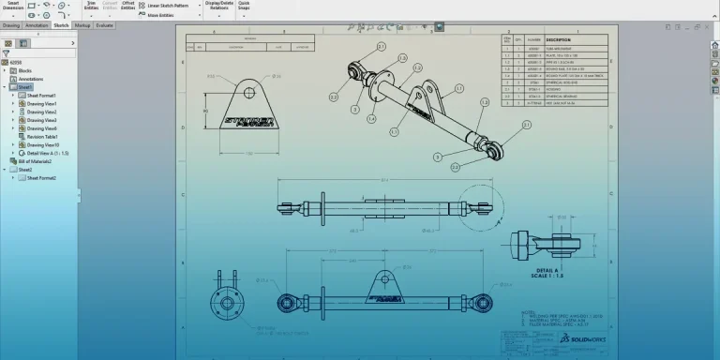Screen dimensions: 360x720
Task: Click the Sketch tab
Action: [61, 25]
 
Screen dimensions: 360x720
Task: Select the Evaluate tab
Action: [105, 25]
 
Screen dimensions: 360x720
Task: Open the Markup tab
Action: [83, 25]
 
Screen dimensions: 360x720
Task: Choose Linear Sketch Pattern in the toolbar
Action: [173, 6]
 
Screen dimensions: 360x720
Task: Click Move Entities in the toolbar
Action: [165, 15]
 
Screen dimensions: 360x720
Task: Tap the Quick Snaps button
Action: [244, 7]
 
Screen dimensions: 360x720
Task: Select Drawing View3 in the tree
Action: [42, 120]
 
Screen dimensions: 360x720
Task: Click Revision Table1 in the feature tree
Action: [43, 137]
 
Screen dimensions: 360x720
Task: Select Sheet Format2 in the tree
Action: [41, 177]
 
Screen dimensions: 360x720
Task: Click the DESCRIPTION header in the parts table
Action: [560, 39]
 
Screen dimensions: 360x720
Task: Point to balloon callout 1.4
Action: [371, 119]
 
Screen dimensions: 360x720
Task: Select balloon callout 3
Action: [438, 157]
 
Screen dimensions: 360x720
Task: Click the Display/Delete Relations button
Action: [218, 7]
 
